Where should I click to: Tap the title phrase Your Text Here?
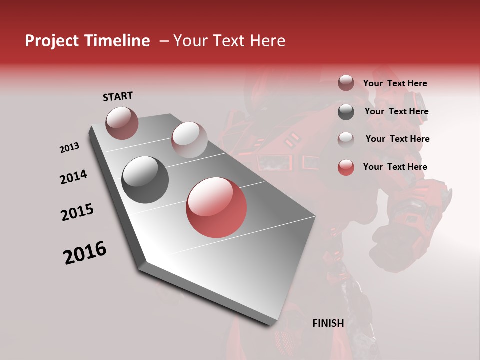point(229,41)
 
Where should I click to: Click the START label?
point(118,96)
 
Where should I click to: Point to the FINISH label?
point(328,323)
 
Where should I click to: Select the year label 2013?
point(69,148)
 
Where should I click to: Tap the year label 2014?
point(73,177)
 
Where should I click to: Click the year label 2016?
point(85,253)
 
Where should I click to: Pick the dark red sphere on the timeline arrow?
point(122,123)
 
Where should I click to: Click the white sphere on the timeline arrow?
point(189,139)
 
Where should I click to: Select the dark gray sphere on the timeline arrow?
point(145,179)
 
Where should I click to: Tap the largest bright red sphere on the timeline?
point(216,207)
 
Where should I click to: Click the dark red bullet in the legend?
point(346,83)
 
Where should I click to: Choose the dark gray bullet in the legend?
point(346,112)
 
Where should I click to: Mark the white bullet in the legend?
point(346,139)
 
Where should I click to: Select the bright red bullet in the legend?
point(346,167)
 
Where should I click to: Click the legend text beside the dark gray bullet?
point(396,111)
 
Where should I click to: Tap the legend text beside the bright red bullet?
point(395,167)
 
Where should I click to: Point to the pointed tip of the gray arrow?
point(274,324)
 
